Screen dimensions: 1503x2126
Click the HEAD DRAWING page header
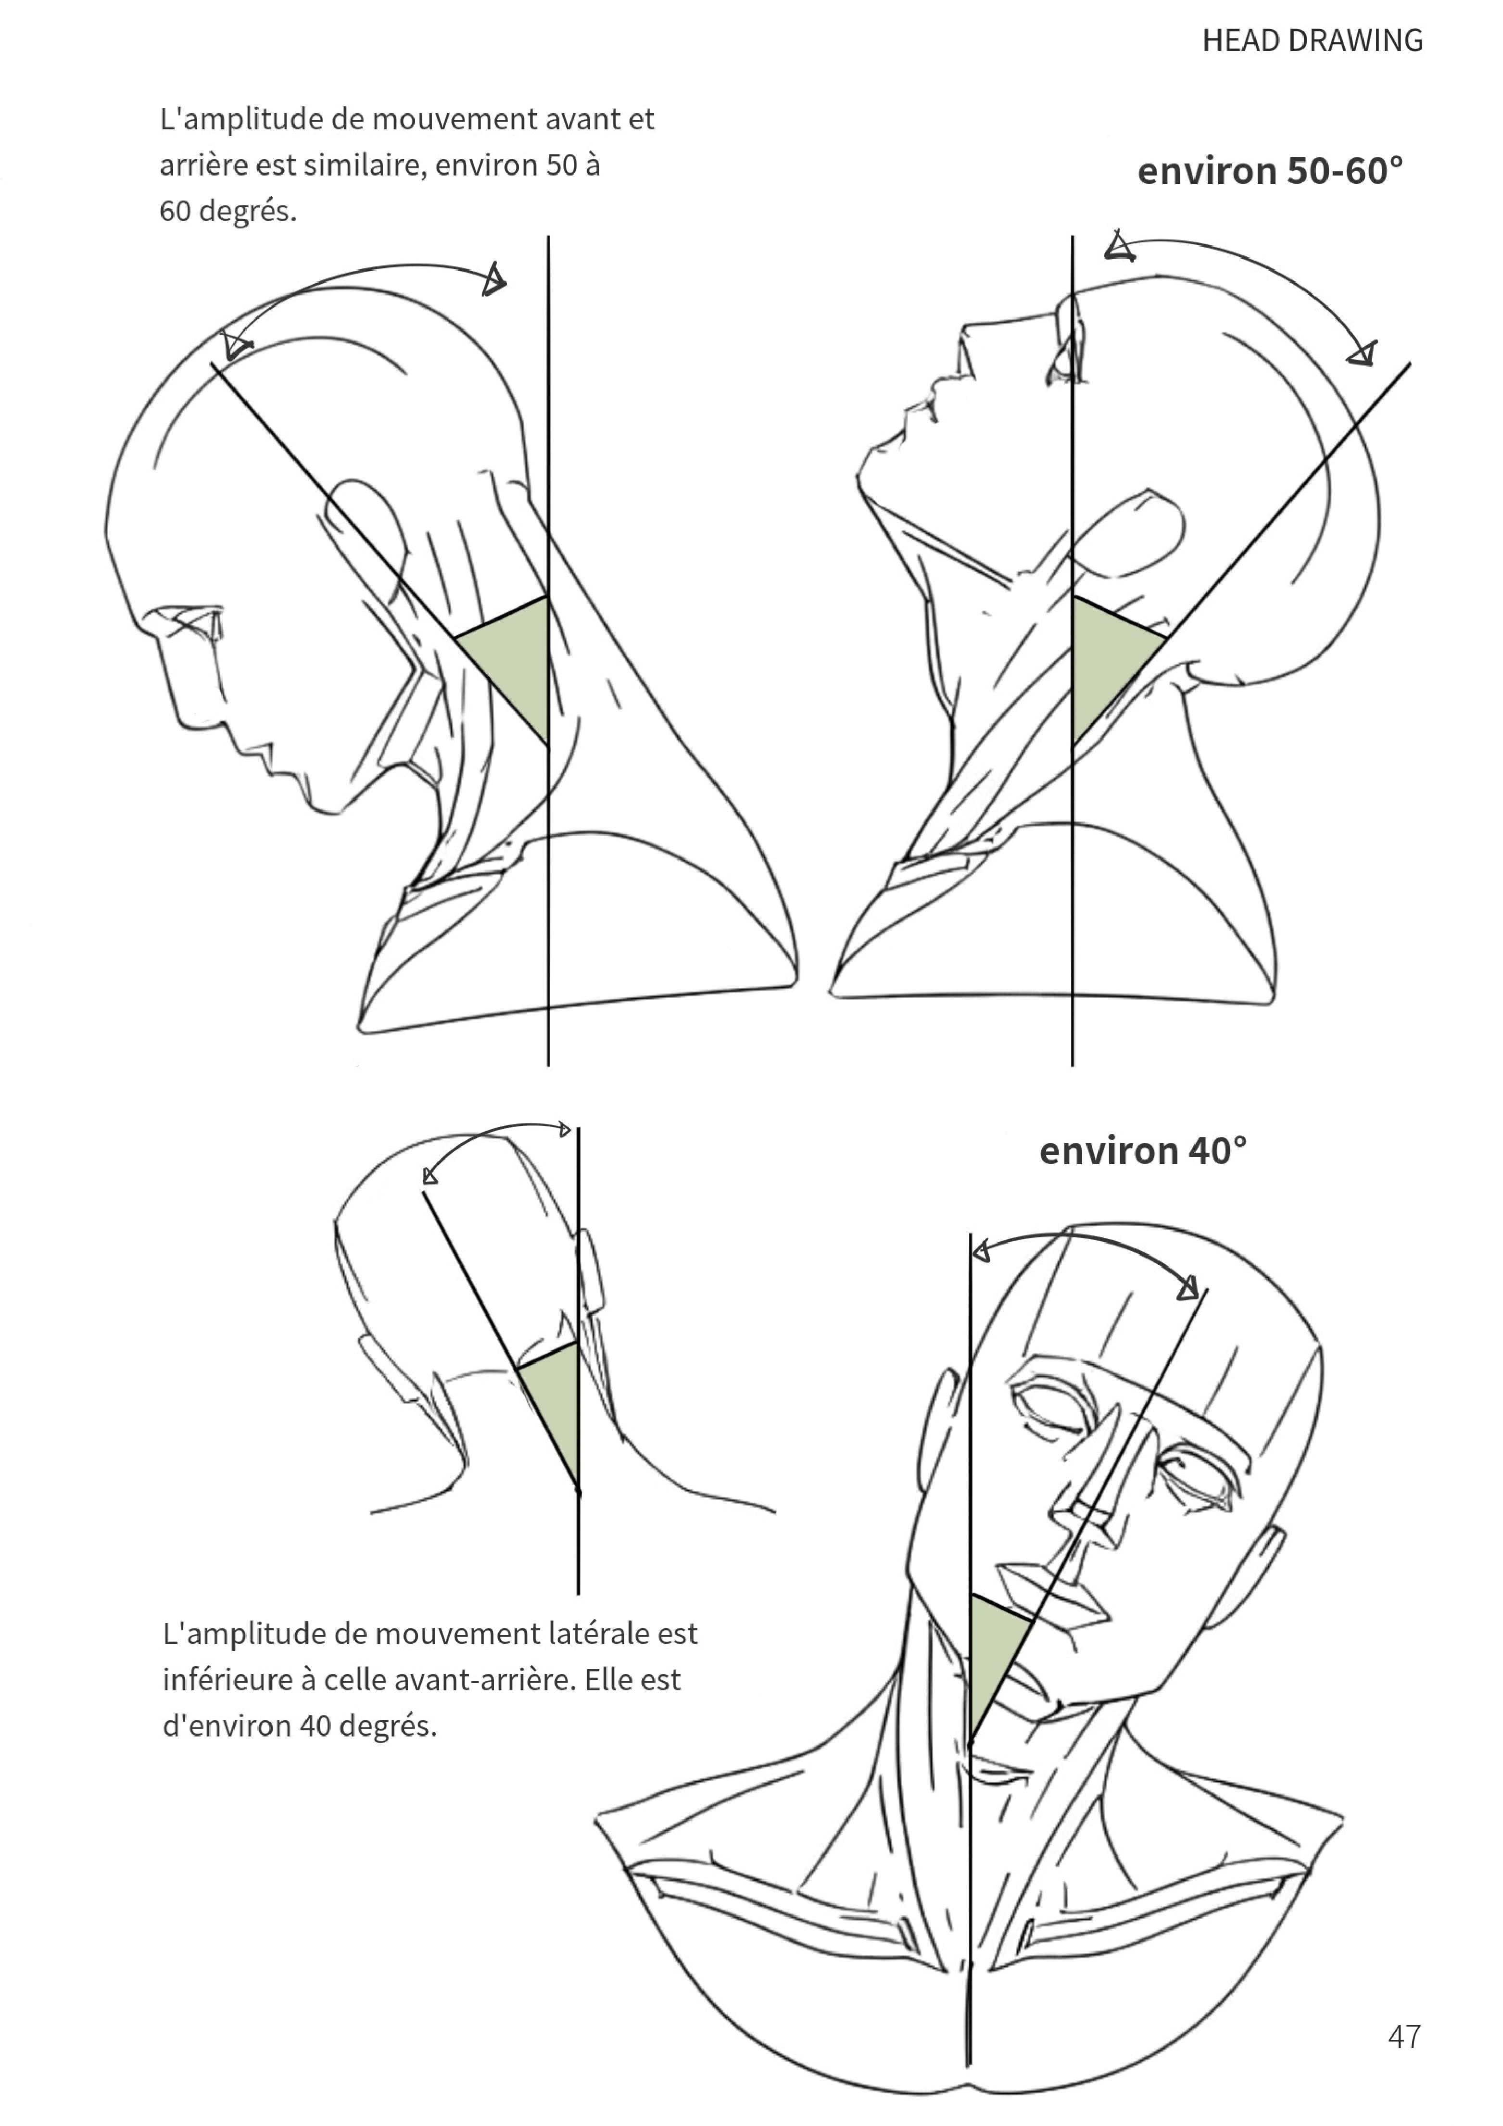click(x=1312, y=41)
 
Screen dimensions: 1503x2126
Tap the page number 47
click(x=1404, y=2036)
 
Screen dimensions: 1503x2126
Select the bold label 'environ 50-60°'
click(x=1270, y=171)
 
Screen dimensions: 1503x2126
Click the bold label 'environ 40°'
click(x=1143, y=1151)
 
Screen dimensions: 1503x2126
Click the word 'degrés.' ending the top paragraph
click(x=247, y=212)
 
